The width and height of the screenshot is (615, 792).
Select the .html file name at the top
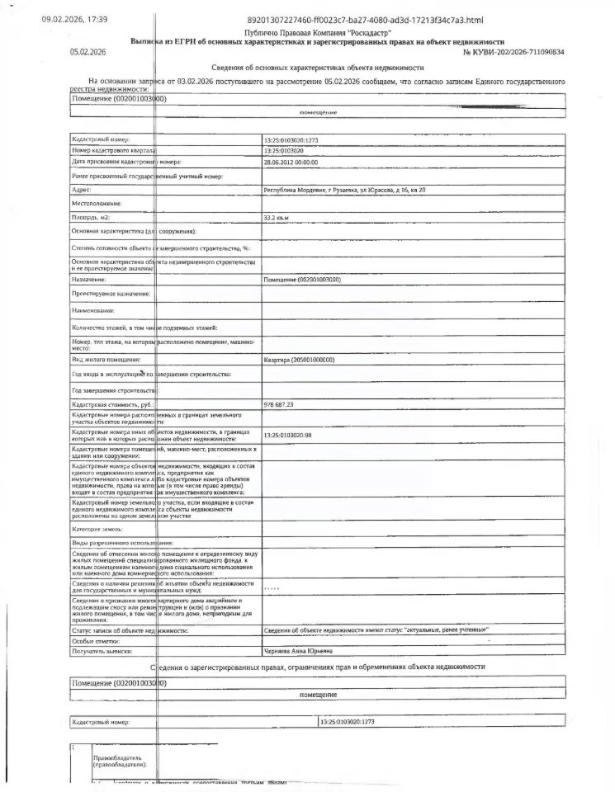click(x=365, y=20)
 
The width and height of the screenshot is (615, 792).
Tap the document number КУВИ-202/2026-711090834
click(x=514, y=51)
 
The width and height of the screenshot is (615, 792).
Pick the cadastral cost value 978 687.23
click(x=279, y=404)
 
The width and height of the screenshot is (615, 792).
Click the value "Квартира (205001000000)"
click(x=304, y=360)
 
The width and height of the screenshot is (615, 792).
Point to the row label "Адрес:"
click(x=81, y=190)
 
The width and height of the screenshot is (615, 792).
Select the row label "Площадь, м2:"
click(x=91, y=217)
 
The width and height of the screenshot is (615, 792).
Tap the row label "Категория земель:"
click(x=97, y=528)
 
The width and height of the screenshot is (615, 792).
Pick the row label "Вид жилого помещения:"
click(x=106, y=360)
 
